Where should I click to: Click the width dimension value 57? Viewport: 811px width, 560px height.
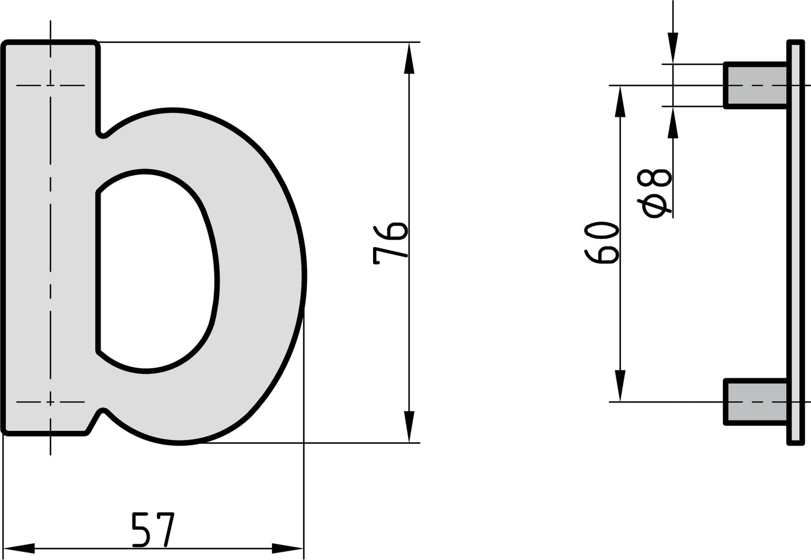[154, 530]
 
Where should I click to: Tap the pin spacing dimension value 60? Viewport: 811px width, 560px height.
[601, 243]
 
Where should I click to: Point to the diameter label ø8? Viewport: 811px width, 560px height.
[656, 192]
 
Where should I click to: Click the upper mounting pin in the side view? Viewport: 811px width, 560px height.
[755, 85]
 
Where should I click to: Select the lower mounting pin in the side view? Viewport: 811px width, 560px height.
[755, 402]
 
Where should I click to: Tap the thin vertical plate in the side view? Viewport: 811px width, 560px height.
[795, 243]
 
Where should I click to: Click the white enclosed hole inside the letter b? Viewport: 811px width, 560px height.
[157, 270]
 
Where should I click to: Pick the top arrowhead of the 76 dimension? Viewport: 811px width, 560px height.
[409, 57]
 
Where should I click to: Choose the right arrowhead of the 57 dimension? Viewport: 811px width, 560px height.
[288, 548]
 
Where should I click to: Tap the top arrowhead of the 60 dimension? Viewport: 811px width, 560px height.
[620, 101]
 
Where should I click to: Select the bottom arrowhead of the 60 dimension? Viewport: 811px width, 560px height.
[620, 386]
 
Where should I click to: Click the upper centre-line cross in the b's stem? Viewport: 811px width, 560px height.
[50, 85]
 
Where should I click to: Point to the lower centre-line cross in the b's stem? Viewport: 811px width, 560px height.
[50, 402]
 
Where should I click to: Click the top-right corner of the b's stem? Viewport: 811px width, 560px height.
[96, 43]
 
